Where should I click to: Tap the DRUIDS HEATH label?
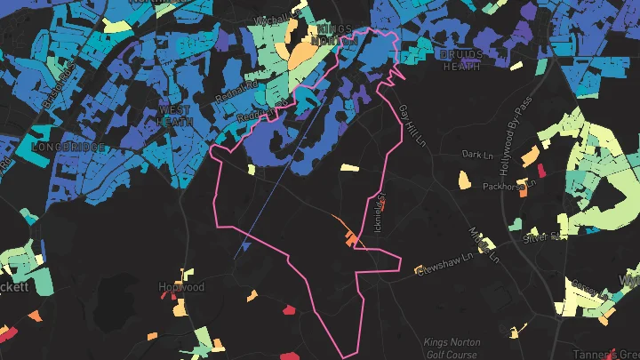[461, 60]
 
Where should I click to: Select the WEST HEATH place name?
[175, 116]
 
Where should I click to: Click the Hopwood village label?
[180, 287]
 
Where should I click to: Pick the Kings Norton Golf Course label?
[452, 348]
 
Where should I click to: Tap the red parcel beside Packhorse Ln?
[540, 170]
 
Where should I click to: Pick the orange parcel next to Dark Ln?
[529, 156]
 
